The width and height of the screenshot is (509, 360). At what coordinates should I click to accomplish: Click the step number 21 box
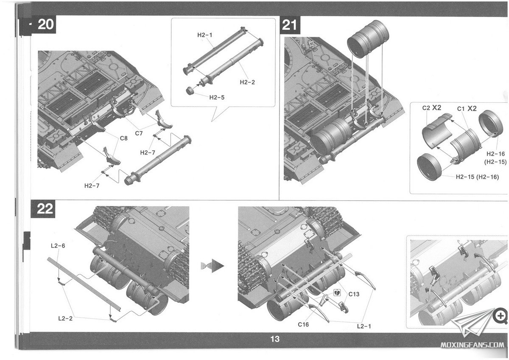(289, 25)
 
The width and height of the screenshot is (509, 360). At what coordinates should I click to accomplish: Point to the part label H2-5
(217, 97)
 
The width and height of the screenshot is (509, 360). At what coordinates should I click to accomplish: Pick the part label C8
(123, 138)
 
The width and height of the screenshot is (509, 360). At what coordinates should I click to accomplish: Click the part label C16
(303, 325)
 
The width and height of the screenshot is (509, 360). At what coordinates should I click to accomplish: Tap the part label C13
(354, 294)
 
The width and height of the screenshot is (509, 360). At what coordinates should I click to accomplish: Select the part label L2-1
(364, 326)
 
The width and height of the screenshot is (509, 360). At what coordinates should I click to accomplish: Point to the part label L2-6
(57, 246)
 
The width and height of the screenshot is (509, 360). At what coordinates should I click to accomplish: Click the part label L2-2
(65, 318)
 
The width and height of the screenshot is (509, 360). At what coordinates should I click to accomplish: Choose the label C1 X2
(467, 109)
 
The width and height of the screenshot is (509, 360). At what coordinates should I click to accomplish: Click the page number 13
(275, 339)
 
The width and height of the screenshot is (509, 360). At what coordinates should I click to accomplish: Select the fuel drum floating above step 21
(367, 39)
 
